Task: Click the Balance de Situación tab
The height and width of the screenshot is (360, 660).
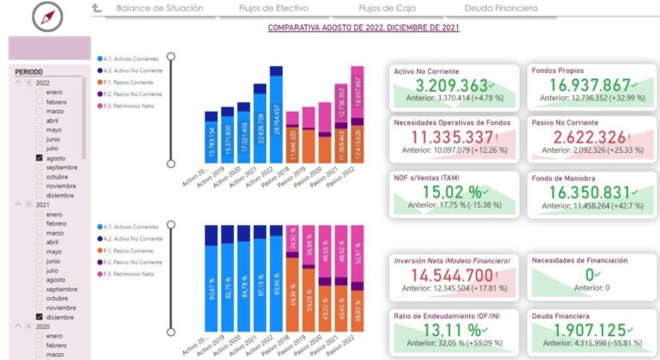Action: click(x=160, y=9)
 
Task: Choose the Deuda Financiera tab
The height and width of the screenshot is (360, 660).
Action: click(x=500, y=9)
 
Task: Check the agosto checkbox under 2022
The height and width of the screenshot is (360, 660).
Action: click(x=40, y=158)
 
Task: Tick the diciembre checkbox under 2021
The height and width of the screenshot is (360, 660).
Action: click(x=40, y=316)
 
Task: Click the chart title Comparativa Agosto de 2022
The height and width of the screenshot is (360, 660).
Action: click(x=364, y=27)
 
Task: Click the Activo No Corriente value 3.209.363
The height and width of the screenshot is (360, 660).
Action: click(x=450, y=85)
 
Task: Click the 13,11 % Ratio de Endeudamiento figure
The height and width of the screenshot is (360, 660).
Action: click(x=445, y=331)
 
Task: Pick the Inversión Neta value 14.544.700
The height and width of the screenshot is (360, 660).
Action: click(x=450, y=276)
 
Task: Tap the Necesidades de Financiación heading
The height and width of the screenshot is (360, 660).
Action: click(x=580, y=260)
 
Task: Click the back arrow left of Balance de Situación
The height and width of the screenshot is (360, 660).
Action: click(x=98, y=9)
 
